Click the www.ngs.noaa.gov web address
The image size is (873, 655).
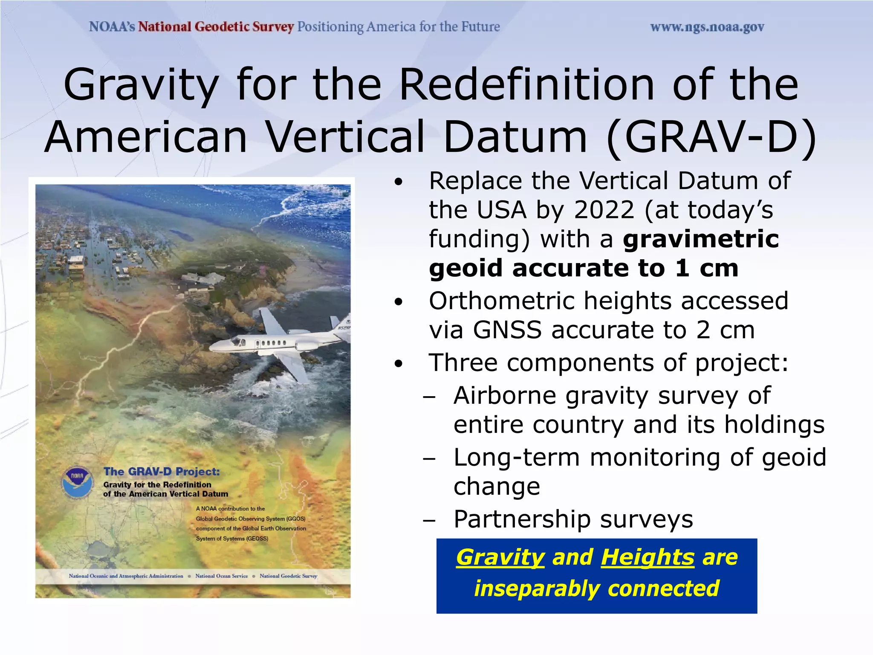coord(707,27)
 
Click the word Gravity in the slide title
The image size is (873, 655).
coord(141,85)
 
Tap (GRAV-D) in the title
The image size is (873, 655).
coord(711,137)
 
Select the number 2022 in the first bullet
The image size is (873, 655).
coord(604,210)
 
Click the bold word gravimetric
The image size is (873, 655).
coord(701,239)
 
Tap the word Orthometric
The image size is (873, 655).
coord(501,301)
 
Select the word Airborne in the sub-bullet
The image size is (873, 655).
coord(505,396)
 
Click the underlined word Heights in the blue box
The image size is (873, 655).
coord(648,557)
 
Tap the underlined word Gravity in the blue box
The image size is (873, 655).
coord(500,557)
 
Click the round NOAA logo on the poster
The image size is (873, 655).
coord(77,482)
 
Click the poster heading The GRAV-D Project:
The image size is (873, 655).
coord(162,472)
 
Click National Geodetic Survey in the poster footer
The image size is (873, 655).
coord(288,576)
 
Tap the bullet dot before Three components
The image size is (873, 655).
coord(398,364)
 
